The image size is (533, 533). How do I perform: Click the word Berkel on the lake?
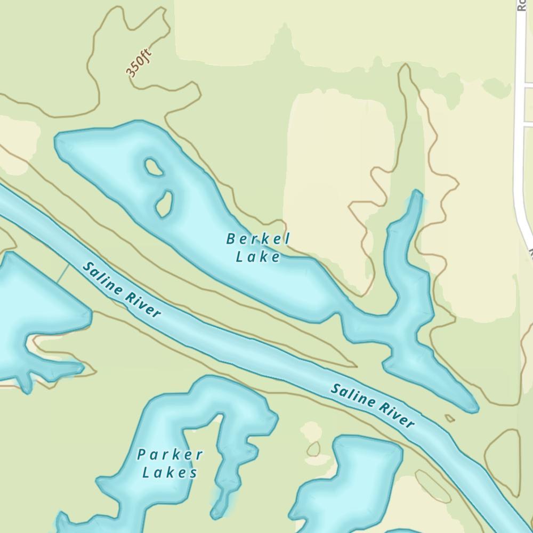258,239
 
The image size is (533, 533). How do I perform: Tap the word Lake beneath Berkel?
258,257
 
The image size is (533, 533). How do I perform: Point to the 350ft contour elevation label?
139,63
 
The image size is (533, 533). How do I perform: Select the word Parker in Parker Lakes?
170,455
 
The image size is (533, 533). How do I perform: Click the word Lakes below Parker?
170,472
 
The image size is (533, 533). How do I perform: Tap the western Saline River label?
122,290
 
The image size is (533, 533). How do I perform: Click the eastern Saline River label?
372,405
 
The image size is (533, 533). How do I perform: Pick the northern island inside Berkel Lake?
154,167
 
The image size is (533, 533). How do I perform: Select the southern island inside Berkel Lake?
164,204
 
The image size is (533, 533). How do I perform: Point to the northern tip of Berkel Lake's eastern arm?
416,194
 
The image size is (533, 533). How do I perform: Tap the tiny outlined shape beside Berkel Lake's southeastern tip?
450,418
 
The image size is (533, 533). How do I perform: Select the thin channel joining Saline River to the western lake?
63,272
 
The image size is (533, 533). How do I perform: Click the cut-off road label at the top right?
521,5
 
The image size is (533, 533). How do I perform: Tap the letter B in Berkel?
231,239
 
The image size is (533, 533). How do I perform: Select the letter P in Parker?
142,455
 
